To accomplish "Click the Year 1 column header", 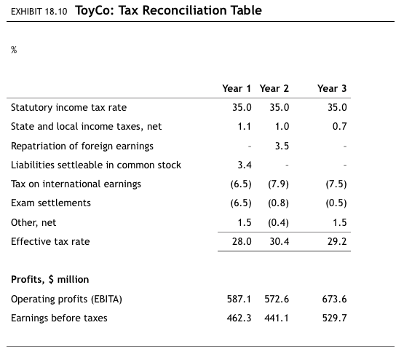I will pyautogui.click(x=237, y=88).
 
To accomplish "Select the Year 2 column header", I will pyautogui.click(x=274, y=88).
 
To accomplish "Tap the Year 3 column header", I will pyautogui.click(x=332, y=88).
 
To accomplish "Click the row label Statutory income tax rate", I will pyautogui.click(x=68, y=108).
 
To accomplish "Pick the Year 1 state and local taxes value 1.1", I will pyautogui.click(x=245, y=127).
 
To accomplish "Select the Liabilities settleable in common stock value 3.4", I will pyautogui.click(x=245, y=165).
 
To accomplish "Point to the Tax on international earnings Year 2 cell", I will pyautogui.click(x=277, y=184).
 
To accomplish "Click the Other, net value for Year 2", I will pyautogui.click(x=277, y=222).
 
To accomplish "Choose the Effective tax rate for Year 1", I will pyautogui.click(x=242, y=241).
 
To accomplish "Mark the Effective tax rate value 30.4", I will pyautogui.click(x=280, y=241).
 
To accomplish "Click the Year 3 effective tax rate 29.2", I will pyautogui.click(x=337, y=241).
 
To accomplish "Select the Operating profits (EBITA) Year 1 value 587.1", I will pyautogui.click(x=240, y=299).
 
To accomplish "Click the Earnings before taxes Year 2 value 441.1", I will pyautogui.click(x=277, y=318).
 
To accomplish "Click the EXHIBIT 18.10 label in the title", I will pyautogui.click(x=39, y=12).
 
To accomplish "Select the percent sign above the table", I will pyautogui.click(x=14, y=49).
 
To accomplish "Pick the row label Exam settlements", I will pyautogui.click(x=51, y=203).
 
